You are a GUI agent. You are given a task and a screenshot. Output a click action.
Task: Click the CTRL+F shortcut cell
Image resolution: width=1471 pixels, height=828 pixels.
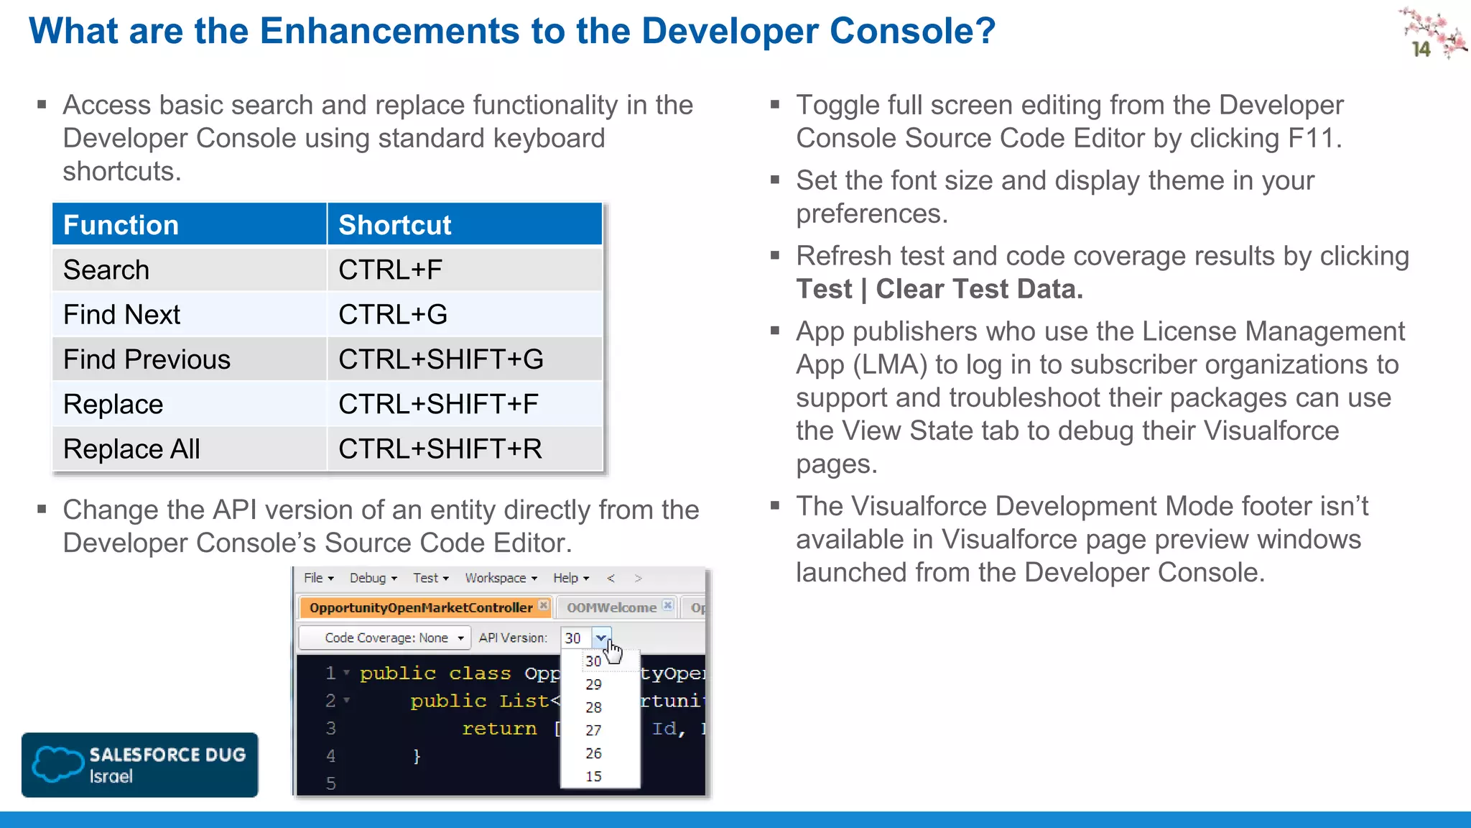point(391,270)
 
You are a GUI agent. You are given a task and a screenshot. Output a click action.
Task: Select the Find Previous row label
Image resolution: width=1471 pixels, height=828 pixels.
point(147,359)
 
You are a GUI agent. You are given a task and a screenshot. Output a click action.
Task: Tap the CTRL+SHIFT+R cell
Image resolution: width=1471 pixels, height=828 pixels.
point(440,449)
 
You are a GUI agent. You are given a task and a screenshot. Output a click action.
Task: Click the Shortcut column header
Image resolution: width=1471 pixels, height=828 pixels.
point(395,225)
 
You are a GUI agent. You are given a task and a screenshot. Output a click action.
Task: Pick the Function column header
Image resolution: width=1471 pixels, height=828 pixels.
point(121,225)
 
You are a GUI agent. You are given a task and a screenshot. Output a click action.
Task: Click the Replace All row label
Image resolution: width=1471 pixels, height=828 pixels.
point(131,449)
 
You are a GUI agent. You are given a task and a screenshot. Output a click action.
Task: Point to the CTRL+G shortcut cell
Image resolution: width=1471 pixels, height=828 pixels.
point(393,315)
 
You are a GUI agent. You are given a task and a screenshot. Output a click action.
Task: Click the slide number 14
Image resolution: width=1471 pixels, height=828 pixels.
point(1421,49)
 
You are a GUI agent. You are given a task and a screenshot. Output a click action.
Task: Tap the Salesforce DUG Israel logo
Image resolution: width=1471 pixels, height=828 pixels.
point(140,765)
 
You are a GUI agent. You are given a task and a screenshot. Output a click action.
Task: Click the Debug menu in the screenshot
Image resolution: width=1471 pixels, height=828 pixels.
point(373,578)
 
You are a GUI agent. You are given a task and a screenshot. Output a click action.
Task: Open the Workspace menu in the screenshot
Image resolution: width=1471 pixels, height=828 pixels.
point(501,578)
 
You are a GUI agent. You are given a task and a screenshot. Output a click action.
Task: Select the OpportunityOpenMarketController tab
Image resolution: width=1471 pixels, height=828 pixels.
point(422,607)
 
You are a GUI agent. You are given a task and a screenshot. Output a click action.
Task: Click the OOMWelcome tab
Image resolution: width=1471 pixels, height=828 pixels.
point(611,607)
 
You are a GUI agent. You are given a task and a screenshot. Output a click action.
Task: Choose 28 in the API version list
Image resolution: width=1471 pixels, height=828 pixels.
point(593,707)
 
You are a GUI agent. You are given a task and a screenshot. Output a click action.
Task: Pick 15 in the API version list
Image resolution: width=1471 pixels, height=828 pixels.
point(593,776)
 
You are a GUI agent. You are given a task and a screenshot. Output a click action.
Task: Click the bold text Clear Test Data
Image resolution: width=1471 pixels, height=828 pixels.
point(979,289)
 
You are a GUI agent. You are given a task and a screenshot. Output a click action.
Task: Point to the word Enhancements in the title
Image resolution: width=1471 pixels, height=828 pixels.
point(389,31)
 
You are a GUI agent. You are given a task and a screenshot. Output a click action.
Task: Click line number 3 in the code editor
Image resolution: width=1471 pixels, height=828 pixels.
point(330,728)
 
